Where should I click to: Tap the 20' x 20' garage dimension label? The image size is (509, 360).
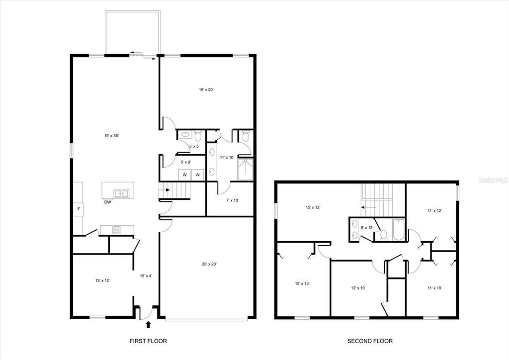point(209,264)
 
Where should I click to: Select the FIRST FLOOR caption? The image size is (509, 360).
point(148,341)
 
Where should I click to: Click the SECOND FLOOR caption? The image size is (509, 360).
point(370,341)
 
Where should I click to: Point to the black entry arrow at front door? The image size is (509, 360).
point(149,324)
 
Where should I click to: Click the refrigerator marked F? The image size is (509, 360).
point(79,209)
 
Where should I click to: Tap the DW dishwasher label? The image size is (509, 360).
point(108,202)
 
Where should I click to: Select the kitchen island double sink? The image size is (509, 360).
point(121,194)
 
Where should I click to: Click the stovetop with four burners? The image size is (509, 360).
point(116,230)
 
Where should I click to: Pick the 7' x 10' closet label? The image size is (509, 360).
point(233,200)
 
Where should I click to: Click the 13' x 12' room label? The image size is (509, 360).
point(102,280)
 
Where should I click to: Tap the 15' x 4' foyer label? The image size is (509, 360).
point(146,276)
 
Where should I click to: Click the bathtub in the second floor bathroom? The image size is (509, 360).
point(398,230)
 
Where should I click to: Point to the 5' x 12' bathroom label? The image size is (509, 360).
point(367,228)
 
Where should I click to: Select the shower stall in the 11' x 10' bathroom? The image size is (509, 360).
point(246,169)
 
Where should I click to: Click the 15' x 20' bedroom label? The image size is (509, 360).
point(206,90)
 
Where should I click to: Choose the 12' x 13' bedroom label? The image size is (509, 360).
point(302,283)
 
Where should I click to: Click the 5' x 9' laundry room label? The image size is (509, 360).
point(186,162)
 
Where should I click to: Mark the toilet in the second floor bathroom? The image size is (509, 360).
point(384,235)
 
